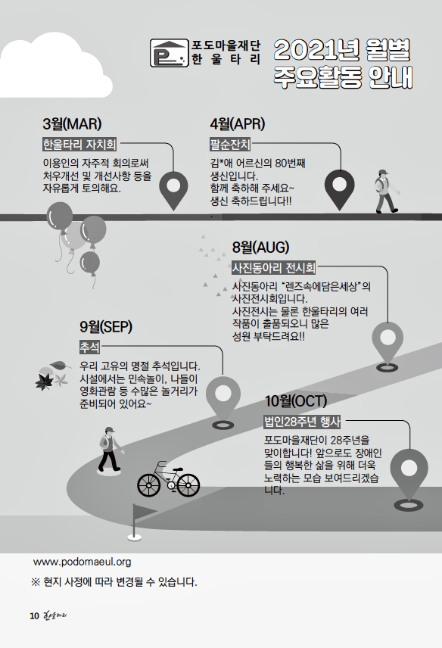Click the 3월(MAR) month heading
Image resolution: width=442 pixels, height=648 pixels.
coord(72,123)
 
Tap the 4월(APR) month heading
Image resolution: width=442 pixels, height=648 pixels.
coord(237,123)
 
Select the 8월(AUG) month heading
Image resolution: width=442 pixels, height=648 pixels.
coord(260,247)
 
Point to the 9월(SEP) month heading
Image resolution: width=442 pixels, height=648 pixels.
coord(106,326)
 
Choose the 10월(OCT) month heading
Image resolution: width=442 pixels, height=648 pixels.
coord(296,400)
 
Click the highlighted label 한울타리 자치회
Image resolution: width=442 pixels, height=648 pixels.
coord(79,145)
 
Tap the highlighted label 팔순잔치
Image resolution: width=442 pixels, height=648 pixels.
coord(230,145)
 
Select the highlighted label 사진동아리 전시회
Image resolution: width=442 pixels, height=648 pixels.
coord(273,268)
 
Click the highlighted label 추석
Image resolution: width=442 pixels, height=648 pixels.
coord(89,347)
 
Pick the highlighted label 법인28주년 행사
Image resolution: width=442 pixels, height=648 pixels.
coord(303,421)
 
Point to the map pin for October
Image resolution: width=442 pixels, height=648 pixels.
coord(409,479)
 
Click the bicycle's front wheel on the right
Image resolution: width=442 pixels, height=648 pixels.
coord(188,484)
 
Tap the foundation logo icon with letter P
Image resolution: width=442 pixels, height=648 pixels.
coord(169,53)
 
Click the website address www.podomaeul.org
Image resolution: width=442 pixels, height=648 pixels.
coord(82,562)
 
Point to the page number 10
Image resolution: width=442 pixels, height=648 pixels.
coord(34,615)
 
